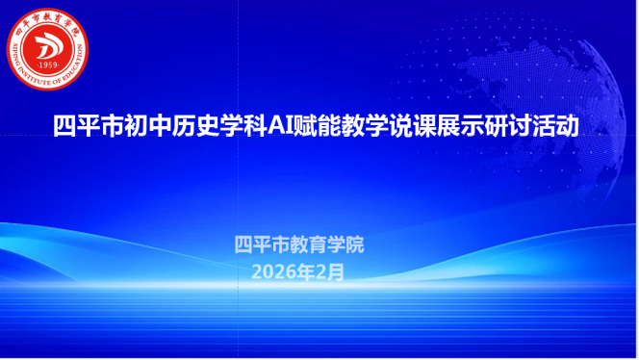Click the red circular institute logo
(47, 49)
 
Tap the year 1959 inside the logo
(48, 64)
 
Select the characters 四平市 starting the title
(89, 126)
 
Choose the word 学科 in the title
(243, 126)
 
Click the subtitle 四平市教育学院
(299, 244)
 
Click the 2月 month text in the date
(330, 272)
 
